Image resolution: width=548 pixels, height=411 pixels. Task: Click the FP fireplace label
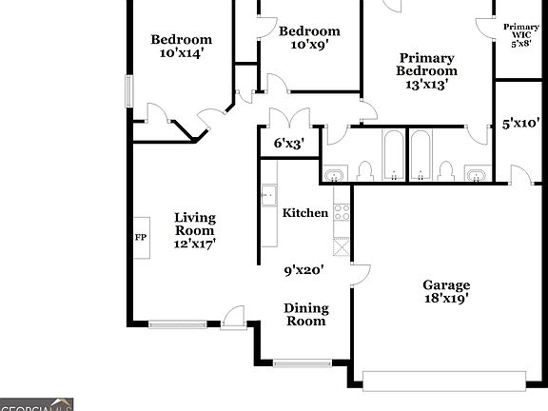click(x=140, y=236)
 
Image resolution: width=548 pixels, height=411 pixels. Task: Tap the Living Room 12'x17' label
click(x=194, y=230)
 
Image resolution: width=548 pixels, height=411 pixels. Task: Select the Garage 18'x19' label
click(x=446, y=291)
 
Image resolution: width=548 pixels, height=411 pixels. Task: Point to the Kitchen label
click(x=305, y=213)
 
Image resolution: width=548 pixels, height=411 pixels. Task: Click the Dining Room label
click(x=306, y=314)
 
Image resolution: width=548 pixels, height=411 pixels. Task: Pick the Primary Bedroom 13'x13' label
click(x=427, y=71)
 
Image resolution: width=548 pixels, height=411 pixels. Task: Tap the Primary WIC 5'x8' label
click(x=520, y=35)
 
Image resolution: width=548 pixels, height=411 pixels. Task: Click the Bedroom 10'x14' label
click(x=181, y=47)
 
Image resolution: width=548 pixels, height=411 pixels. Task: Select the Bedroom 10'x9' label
click(x=308, y=38)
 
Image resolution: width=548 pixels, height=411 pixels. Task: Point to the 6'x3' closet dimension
click(x=287, y=143)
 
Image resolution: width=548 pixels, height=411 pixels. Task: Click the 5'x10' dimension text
click(x=521, y=123)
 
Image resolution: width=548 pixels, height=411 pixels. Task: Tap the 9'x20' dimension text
click(x=304, y=270)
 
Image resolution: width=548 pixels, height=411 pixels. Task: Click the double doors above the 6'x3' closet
click(x=286, y=119)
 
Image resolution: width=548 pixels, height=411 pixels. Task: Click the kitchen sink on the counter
click(x=268, y=194)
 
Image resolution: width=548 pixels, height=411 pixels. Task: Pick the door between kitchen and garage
click(x=360, y=274)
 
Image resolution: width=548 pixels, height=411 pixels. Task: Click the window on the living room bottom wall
click(x=178, y=324)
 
